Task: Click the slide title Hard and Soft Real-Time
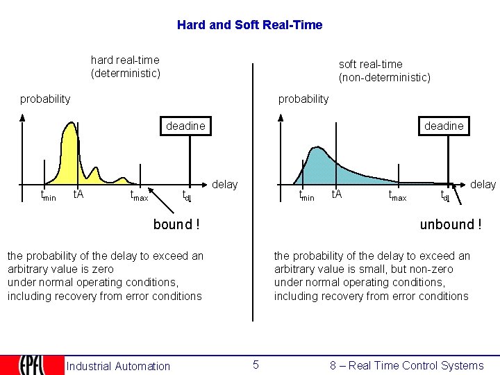[249, 25]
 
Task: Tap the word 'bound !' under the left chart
[176, 224]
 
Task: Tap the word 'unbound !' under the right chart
[450, 224]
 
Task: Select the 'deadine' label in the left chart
[185, 126]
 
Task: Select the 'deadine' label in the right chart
[444, 126]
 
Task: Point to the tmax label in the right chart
[397, 196]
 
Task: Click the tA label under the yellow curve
[78, 194]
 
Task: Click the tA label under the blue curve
[336, 194]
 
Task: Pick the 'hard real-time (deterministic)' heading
[125, 67]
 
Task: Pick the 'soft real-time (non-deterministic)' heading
[384, 71]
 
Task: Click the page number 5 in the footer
[256, 365]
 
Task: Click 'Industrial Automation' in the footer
[118, 366]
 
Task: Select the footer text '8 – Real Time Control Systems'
[407, 365]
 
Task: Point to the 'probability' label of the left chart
[45, 99]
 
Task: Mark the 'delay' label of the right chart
[483, 184]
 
